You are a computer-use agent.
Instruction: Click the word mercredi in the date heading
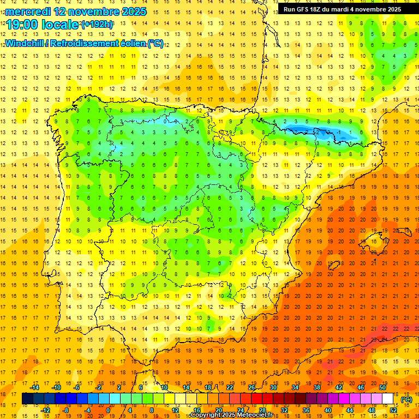click(28, 11)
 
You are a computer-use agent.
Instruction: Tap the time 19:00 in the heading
click(22, 25)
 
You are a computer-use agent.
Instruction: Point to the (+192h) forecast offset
click(97, 25)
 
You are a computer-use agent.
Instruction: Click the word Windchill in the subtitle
click(24, 43)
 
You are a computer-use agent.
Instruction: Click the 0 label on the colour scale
click(107, 410)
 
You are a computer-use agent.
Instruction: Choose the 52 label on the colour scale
click(393, 410)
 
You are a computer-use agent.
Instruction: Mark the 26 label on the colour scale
click(252, 387)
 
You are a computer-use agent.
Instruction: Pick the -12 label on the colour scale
click(45, 410)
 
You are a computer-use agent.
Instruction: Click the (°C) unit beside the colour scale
click(406, 399)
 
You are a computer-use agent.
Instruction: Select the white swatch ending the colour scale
click(388, 399)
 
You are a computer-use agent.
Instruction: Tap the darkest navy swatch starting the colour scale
click(27, 399)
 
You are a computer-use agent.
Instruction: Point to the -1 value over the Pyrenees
click(339, 132)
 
